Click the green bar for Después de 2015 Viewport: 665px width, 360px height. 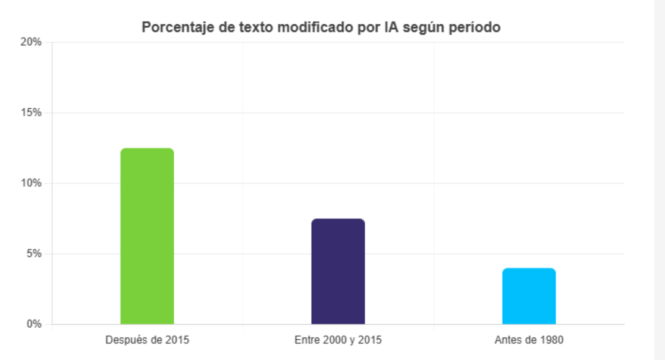147,236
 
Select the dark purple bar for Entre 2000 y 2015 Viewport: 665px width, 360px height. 338,271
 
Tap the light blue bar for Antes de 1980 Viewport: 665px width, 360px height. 529,296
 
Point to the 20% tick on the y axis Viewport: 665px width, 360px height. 32,42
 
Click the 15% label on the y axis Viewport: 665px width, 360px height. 32,112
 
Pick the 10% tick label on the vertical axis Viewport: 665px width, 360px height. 32,183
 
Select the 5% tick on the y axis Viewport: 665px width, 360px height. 34,253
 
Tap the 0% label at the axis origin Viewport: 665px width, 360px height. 34,324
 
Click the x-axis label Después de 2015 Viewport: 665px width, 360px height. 147,341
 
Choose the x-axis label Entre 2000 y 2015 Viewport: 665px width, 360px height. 338,341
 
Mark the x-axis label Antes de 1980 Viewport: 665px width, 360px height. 529,341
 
